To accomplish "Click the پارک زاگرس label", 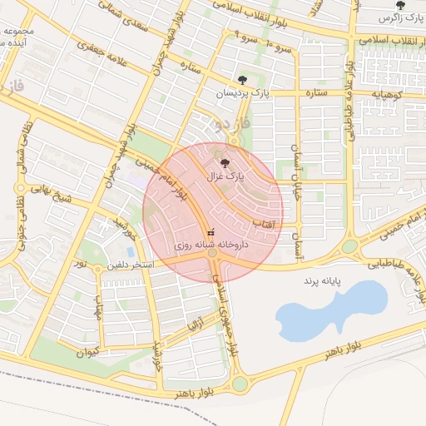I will (x=401, y=17).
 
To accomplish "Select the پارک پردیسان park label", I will (x=242, y=93).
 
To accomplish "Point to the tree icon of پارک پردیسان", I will (x=242, y=81).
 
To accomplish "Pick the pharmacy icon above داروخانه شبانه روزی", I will (x=211, y=233).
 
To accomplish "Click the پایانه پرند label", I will (x=324, y=281).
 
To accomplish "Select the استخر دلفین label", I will (x=130, y=266).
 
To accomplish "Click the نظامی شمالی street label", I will (x=25, y=146).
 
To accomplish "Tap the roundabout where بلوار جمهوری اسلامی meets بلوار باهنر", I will (x=240, y=384).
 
